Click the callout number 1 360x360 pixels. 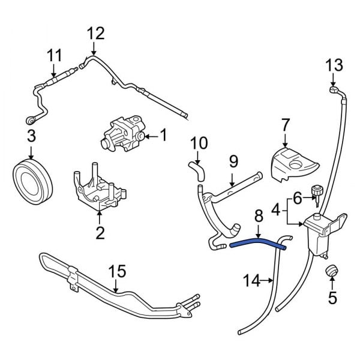pyautogui.click(x=164, y=136)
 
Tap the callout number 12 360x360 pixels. pyautogui.click(x=95, y=32)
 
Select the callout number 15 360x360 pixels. pyautogui.click(x=119, y=271)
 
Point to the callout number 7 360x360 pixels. pyautogui.click(x=286, y=125)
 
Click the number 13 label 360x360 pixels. pyautogui.click(x=334, y=64)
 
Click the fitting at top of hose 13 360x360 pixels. pyautogui.click(x=334, y=90)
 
